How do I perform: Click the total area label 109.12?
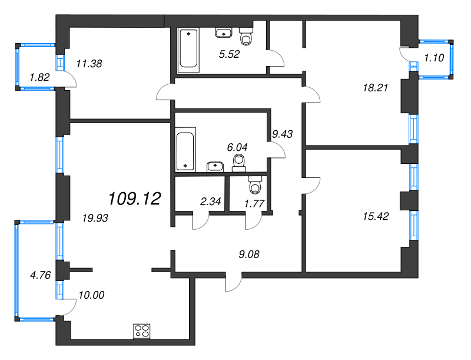point(135,199)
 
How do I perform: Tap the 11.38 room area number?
point(89,64)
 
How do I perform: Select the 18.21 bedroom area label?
point(376,88)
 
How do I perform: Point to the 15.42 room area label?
point(376,216)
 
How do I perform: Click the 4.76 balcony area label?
point(41,275)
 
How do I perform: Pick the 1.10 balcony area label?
point(434,58)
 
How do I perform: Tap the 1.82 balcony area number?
point(39,77)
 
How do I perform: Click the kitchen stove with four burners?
point(142,332)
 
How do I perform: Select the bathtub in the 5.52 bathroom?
point(188,50)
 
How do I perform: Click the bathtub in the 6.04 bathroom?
point(185,150)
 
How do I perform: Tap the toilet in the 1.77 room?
point(255,184)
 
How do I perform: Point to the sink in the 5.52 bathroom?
point(224,33)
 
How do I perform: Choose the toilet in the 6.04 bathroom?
point(239,163)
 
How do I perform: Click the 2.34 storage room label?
point(211,202)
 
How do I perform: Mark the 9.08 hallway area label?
point(249,255)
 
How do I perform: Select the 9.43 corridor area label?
point(283,134)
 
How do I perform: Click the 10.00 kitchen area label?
point(91,295)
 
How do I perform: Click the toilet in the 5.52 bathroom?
point(246,36)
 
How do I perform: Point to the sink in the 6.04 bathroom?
point(215,167)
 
